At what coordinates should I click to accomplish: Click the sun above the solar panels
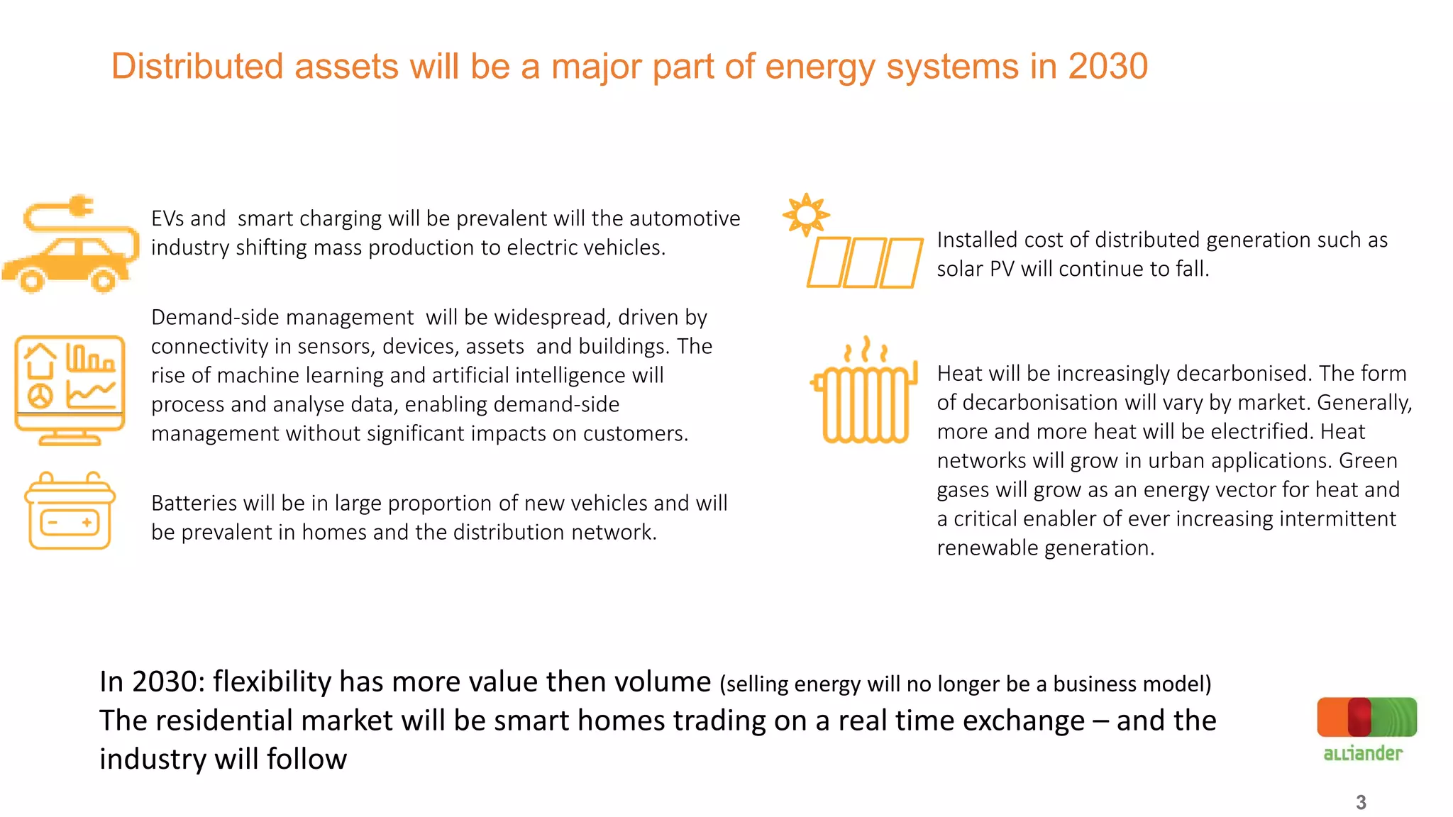coord(805,213)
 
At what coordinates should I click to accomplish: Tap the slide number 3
coord(1361,802)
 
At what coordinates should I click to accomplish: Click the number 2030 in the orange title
coord(1107,67)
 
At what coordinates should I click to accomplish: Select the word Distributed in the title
coord(197,67)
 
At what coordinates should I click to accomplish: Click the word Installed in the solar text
coord(978,240)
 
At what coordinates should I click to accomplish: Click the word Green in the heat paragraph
coord(1368,460)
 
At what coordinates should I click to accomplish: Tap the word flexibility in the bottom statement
coord(272,682)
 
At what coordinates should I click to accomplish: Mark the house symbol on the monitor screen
coord(40,360)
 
